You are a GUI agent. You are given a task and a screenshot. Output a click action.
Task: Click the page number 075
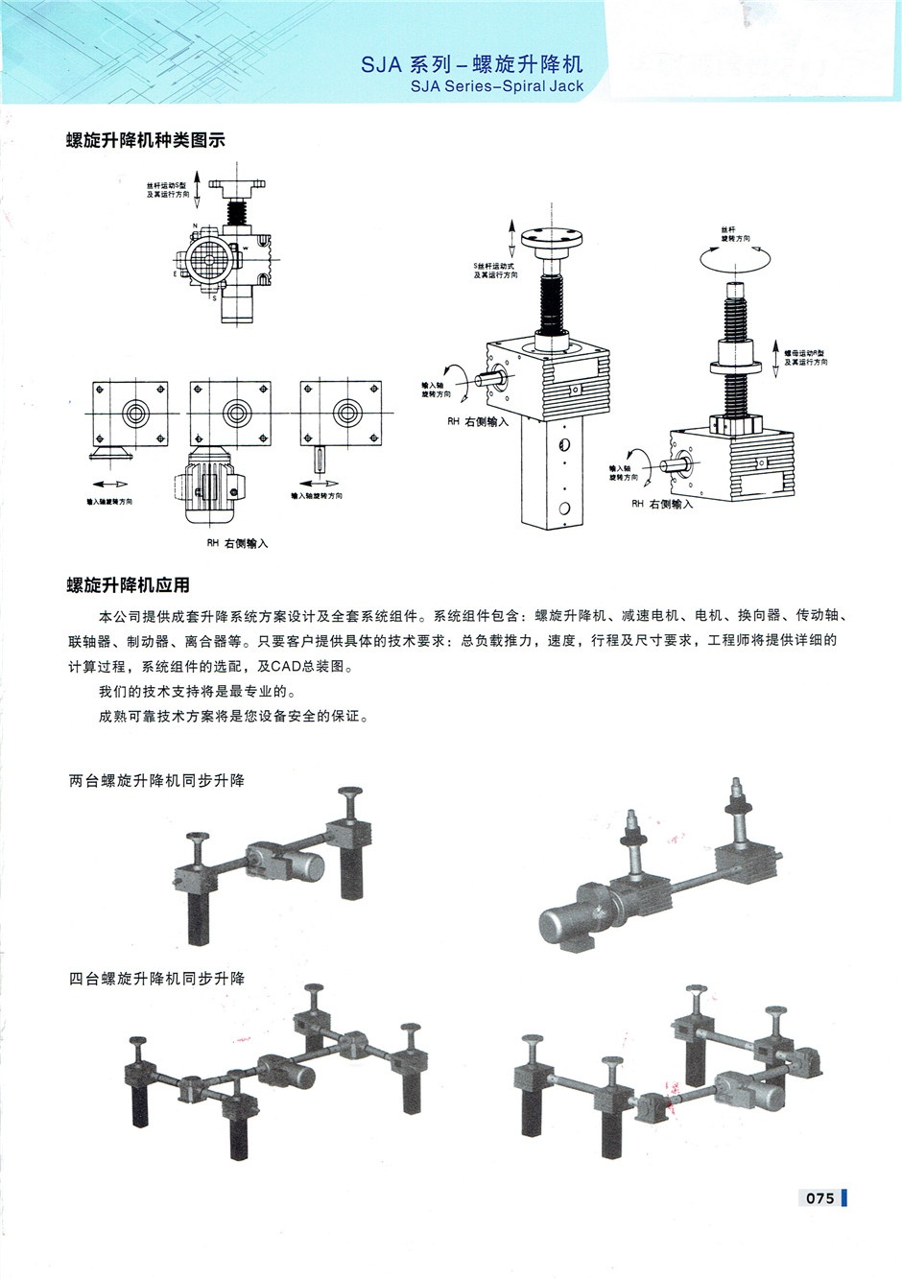click(819, 1197)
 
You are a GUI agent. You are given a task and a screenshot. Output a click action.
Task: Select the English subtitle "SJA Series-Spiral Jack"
click(496, 86)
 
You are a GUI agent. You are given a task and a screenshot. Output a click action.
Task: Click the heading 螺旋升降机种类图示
click(146, 140)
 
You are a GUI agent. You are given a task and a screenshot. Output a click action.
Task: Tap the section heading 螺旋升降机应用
click(128, 584)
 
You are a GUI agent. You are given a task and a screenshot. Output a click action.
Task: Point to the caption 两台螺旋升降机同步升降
click(156, 781)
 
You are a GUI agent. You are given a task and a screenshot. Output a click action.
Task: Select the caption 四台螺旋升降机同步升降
click(156, 979)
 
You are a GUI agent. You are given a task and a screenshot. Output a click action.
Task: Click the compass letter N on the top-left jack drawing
click(195, 226)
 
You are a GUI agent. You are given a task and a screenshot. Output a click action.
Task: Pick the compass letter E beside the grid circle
click(176, 274)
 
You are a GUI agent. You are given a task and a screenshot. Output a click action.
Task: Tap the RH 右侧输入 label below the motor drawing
click(237, 543)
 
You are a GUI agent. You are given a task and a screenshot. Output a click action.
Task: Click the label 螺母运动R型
click(804, 353)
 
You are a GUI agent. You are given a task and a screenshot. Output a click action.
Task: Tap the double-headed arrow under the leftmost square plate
click(109, 484)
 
